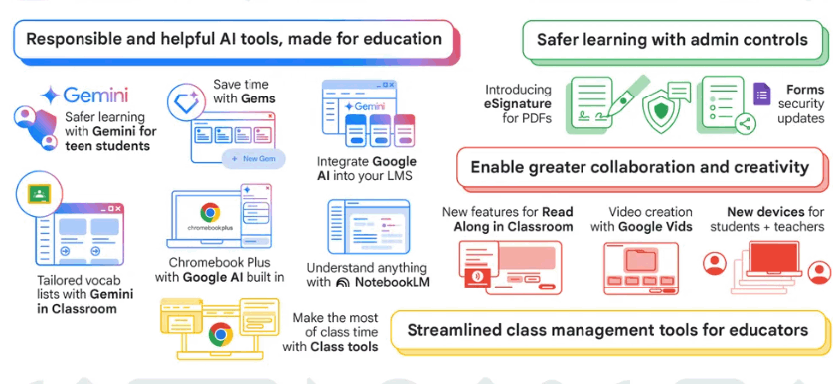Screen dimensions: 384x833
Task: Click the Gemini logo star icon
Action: [49, 96]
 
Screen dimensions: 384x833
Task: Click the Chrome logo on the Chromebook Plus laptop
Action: [209, 212]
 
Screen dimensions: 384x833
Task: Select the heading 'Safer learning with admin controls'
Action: [672, 40]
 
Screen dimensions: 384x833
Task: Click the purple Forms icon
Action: [762, 95]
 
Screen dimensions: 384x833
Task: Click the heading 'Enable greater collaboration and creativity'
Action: [639, 167]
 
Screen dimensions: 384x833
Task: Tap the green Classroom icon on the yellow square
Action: [39, 193]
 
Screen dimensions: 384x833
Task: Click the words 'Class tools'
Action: [344, 346]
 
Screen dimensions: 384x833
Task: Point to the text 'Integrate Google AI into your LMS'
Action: [365, 168]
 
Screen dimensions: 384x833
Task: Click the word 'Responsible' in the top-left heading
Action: [79, 40]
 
